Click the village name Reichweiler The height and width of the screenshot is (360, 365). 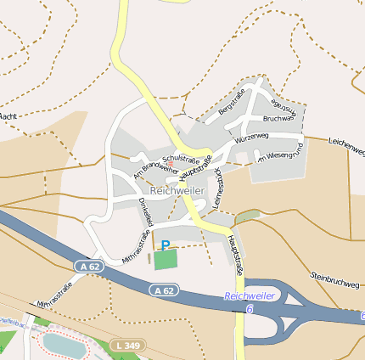coord(177,192)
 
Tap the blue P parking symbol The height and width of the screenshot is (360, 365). coord(165,245)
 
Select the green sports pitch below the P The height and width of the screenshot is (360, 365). coord(166,259)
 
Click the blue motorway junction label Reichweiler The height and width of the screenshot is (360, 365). coord(250,296)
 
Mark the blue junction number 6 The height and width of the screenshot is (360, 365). coord(250,310)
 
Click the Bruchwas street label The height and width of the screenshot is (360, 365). coord(278,119)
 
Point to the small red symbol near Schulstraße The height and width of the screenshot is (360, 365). coord(170,163)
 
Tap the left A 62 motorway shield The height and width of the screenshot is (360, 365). coord(87,267)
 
